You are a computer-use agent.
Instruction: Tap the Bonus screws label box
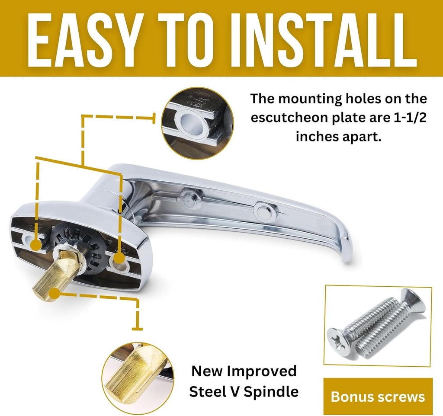coord(378,397)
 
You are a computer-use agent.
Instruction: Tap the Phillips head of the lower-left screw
coord(339,338)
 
